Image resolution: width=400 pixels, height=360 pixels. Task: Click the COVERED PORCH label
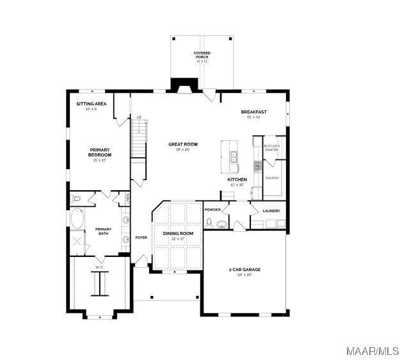point(202,55)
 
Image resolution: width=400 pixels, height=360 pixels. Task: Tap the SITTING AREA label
point(92,104)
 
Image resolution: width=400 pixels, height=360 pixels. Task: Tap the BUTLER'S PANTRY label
point(272,147)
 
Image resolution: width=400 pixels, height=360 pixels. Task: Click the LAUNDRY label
point(271,211)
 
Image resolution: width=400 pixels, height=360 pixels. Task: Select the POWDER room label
point(212,209)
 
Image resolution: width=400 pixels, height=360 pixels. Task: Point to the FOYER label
point(141,238)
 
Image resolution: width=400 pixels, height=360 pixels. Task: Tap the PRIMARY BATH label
point(103,231)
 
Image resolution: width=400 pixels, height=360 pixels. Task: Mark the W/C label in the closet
point(99,267)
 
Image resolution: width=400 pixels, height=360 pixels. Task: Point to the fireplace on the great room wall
point(184,87)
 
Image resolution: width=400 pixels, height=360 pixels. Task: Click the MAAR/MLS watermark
point(371,350)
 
